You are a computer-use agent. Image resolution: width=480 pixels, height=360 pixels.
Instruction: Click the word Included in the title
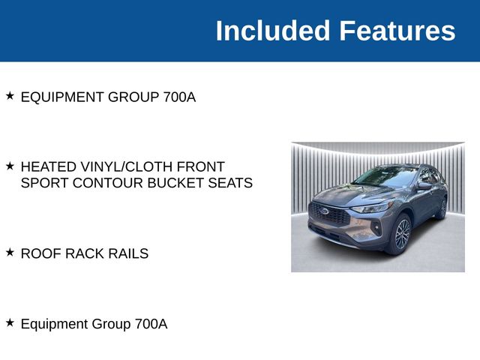[x=273, y=31]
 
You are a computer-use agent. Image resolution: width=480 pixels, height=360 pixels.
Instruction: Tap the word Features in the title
[x=397, y=31]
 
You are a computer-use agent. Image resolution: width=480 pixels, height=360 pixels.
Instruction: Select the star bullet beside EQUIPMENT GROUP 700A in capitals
[x=10, y=96]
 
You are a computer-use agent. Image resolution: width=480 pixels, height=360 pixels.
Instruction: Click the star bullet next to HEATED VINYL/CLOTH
[x=10, y=165]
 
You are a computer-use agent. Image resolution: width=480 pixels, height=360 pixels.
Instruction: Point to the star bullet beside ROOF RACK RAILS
[x=10, y=253]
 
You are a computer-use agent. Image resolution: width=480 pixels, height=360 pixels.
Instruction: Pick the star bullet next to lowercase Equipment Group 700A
[x=10, y=322]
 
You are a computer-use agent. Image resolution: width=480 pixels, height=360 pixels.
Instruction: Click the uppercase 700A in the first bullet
[x=179, y=97]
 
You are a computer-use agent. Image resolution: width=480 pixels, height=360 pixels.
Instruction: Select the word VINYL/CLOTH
[x=127, y=166]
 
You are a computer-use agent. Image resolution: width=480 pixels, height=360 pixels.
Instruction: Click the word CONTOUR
[x=104, y=183]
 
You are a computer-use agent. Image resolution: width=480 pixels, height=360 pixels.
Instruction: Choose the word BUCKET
[x=175, y=183]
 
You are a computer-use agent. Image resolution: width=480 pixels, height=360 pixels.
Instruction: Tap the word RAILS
[x=127, y=253]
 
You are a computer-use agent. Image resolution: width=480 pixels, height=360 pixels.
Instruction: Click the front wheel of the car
[x=401, y=233]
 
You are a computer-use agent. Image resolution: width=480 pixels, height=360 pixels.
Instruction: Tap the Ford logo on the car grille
[x=325, y=211]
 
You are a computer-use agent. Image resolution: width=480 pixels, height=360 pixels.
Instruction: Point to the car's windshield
[x=387, y=177]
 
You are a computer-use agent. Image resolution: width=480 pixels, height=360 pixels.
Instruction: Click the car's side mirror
[x=424, y=185]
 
